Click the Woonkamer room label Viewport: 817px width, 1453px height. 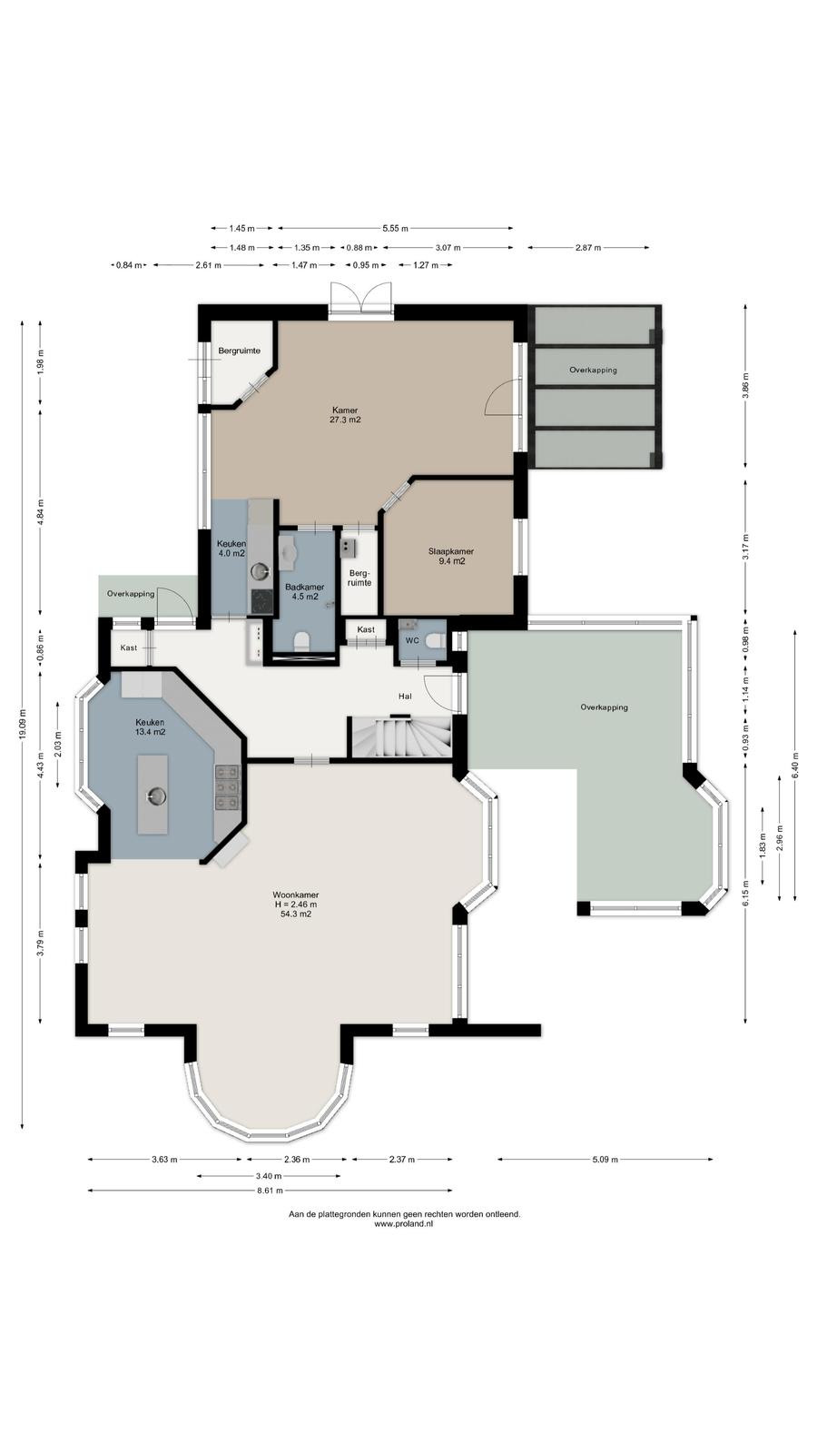coord(296,895)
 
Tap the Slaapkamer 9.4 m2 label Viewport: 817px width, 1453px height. coord(451,557)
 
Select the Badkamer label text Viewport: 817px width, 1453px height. coord(305,587)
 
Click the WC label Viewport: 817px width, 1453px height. coord(412,641)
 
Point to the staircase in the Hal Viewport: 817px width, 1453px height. coord(400,736)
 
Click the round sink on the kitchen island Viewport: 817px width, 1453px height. coord(156,796)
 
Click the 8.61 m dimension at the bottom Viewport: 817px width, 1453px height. coord(270,1191)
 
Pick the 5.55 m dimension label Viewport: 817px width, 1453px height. coord(396,228)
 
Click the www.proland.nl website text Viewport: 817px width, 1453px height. coord(404,1224)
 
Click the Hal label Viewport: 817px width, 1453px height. coord(405,696)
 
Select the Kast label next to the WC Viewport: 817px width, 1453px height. coord(366,630)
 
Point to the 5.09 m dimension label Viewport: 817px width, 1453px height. coord(605,1159)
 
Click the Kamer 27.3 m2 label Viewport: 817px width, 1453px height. coord(345,415)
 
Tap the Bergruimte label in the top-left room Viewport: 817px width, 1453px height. coord(240,351)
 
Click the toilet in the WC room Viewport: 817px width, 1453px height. coord(436,641)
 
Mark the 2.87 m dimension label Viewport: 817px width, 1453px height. coord(588,247)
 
